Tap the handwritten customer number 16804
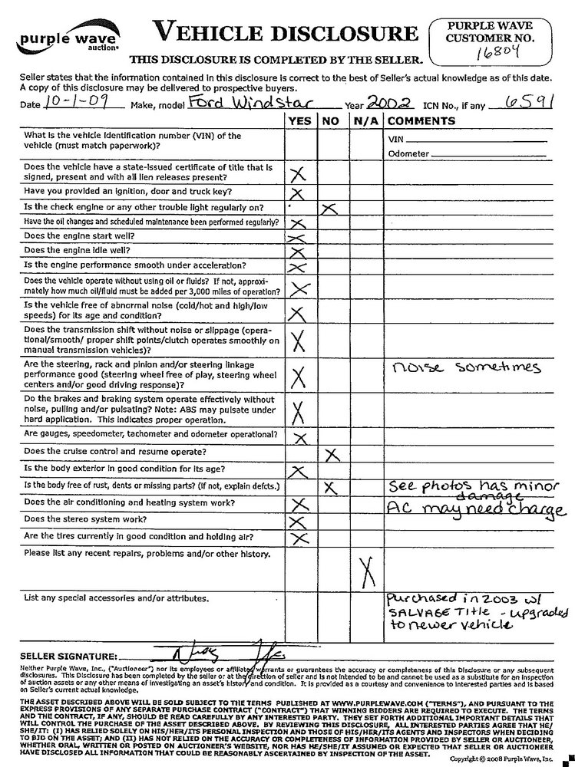(x=496, y=53)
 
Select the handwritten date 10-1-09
(x=64, y=101)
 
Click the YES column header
(x=299, y=120)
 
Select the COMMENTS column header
(x=421, y=120)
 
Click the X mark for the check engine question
(x=331, y=209)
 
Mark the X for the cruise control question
(x=332, y=454)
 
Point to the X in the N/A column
(x=365, y=570)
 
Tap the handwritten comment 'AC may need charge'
(x=474, y=509)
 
